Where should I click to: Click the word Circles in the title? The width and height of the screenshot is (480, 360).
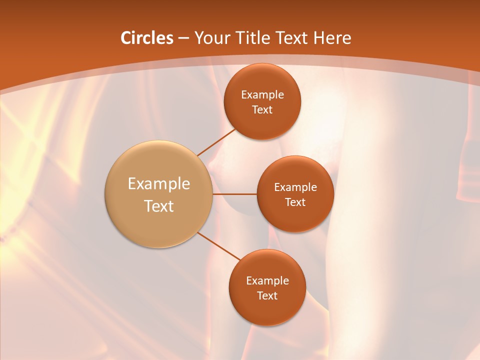tap(147, 38)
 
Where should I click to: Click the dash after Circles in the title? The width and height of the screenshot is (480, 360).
tap(183, 38)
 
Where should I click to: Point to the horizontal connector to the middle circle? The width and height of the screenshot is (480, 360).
tap(235, 194)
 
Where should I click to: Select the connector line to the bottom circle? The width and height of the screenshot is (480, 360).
tap(218, 246)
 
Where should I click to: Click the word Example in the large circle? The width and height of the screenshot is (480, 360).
tap(159, 184)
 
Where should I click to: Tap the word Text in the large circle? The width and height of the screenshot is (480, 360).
tap(159, 206)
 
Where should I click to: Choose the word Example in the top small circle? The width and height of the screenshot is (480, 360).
tap(262, 95)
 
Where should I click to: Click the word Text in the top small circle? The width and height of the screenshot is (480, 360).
tap(262, 110)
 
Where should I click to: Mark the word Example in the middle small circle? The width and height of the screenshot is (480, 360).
tap(295, 187)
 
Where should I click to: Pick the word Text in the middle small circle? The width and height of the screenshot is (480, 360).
tap(295, 202)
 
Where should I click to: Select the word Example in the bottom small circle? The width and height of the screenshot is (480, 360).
tap(267, 281)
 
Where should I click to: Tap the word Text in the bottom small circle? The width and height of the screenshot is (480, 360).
tap(267, 296)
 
